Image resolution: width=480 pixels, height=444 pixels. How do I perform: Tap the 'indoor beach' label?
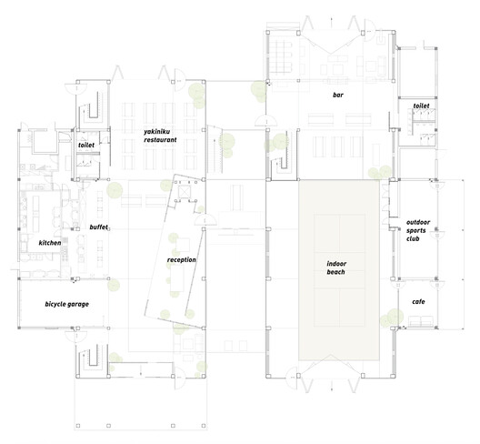337,268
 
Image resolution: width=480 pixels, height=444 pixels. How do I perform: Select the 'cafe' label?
418,301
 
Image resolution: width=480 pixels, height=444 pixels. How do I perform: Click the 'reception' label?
182,260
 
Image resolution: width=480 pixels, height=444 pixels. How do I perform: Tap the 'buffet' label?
99,227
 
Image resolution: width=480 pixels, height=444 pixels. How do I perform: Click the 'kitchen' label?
50,244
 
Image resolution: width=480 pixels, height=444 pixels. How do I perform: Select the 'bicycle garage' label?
67,303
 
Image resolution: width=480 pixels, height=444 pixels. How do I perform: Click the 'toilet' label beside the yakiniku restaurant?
86,145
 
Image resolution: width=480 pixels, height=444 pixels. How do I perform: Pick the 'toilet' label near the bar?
420,106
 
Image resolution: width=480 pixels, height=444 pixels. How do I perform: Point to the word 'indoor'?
337,264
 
